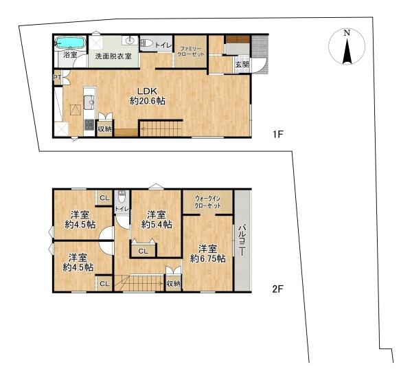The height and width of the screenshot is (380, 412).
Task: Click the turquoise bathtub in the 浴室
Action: click(70, 43)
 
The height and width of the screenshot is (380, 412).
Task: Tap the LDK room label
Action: click(148, 91)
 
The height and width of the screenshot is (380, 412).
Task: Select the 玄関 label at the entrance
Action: click(242, 64)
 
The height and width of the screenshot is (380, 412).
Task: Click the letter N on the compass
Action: click(347, 32)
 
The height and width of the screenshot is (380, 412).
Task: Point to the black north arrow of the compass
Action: click(347, 51)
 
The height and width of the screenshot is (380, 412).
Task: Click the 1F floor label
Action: click(277, 135)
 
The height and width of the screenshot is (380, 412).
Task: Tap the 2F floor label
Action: click(277, 289)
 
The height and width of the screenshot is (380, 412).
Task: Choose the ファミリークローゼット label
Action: click(191, 52)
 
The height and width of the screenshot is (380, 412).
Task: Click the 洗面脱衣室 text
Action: click(113, 56)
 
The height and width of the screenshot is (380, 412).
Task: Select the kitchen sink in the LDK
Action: click(89, 102)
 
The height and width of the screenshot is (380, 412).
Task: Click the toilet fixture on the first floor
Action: click(146, 43)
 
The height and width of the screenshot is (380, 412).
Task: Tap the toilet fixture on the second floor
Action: click(122, 197)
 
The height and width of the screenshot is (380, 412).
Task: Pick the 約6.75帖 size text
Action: click(208, 259)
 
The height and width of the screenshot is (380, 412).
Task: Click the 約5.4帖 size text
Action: click(157, 224)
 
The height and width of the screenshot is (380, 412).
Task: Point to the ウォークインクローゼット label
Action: click(207, 202)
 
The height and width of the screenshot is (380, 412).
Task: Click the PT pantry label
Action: click(58, 78)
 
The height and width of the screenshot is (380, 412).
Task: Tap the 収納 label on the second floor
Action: click(173, 284)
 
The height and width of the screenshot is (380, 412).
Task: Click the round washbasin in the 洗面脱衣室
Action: click(130, 41)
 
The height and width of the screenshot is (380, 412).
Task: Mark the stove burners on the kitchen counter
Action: click(89, 124)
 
